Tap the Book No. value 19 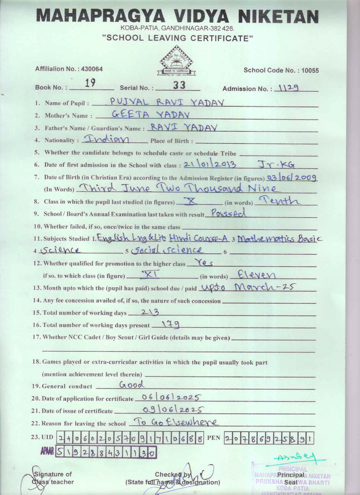click(90, 83)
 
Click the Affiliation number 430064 click(92, 69)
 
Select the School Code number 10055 click(310, 71)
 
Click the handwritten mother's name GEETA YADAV click(151, 114)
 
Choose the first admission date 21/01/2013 click(210, 164)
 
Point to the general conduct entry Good click(132, 384)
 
